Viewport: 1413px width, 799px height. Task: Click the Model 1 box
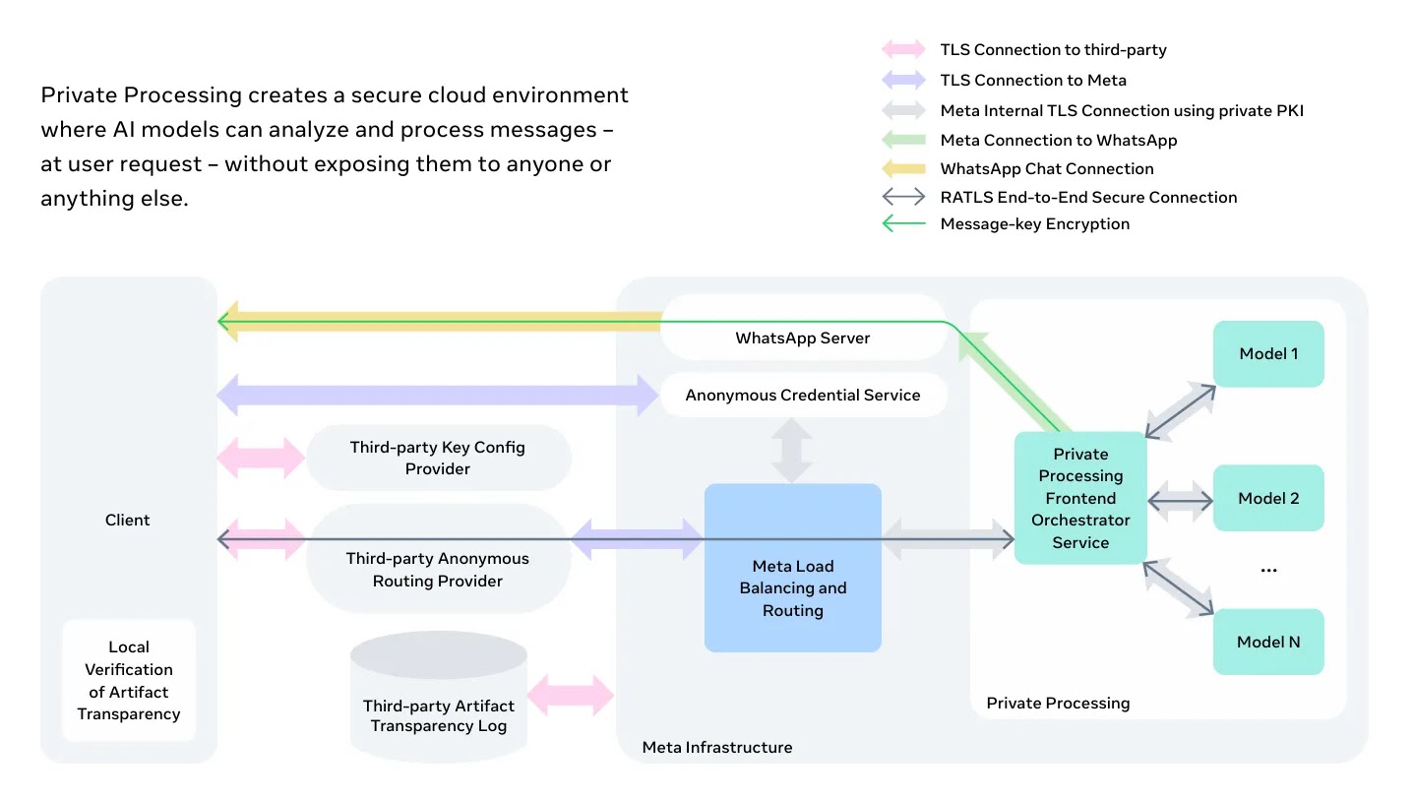click(1268, 354)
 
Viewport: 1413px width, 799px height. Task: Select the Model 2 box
click(1268, 498)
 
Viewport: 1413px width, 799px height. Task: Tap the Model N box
click(1268, 642)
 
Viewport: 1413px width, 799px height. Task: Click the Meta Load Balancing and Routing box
click(793, 568)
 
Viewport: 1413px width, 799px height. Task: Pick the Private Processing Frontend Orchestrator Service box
click(1080, 498)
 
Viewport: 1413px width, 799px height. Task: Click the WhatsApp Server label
click(802, 338)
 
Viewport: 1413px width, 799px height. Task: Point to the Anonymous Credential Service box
click(803, 395)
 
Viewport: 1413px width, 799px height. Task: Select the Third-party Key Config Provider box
click(439, 458)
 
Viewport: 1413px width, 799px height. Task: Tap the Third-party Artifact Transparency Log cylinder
click(439, 696)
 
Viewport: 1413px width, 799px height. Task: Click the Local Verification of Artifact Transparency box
click(129, 680)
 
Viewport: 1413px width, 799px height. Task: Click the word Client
click(127, 521)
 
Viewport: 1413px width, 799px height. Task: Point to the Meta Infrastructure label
click(717, 747)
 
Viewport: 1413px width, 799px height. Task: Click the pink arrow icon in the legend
click(903, 49)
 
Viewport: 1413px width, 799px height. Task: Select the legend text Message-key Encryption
click(1034, 224)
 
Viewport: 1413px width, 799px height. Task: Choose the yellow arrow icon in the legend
click(903, 168)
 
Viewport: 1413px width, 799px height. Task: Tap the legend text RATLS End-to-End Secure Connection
click(1088, 198)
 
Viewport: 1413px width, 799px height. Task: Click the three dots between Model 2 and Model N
click(1268, 570)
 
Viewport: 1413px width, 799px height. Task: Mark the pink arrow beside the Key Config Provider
click(261, 458)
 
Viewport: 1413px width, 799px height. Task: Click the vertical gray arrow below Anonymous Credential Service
click(792, 451)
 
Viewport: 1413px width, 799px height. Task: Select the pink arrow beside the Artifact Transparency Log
click(571, 695)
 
